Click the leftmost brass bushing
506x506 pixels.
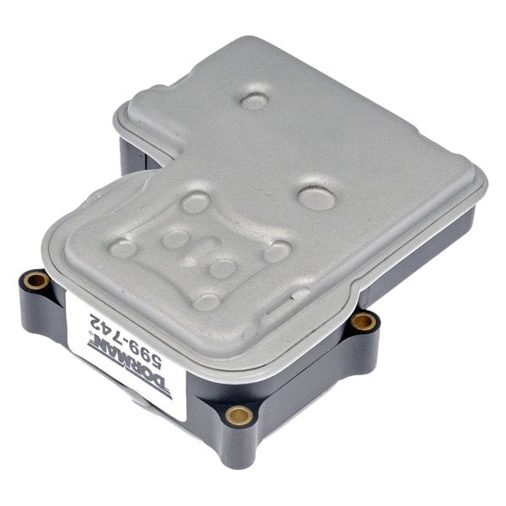coord(35,278)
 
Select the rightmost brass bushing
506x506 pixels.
coord(363,320)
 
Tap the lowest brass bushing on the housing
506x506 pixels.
coord(240,415)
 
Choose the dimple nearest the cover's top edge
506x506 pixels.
coord(254,101)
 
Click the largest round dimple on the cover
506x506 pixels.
coord(314,198)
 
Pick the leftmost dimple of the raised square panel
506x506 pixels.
coord(124,247)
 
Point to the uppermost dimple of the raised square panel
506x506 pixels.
coord(196,201)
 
